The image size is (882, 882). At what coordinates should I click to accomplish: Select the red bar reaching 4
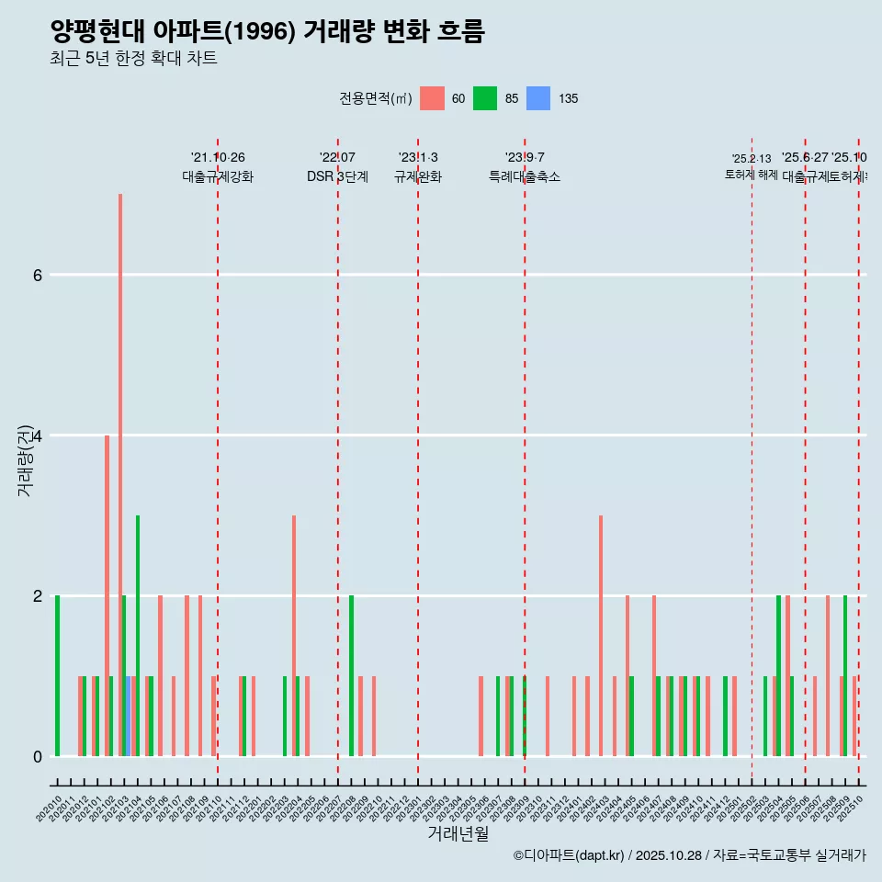(x=107, y=597)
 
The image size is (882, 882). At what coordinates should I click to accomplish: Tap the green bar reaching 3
(x=138, y=634)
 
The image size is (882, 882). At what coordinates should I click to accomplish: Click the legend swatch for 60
(x=432, y=98)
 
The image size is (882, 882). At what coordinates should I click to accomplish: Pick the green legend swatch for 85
(x=485, y=98)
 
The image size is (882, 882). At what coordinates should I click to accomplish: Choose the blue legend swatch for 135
(x=538, y=98)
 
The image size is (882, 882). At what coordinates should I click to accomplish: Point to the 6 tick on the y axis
(x=37, y=275)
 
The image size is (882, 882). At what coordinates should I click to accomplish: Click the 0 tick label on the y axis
(x=37, y=756)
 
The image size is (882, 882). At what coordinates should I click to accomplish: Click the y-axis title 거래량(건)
(x=26, y=459)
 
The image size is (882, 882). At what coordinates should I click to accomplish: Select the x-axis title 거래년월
(x=458, y=833)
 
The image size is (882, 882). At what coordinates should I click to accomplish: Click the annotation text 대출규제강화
(x=218, y=176)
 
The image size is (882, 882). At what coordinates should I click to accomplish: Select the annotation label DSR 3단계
(x=337, y=176)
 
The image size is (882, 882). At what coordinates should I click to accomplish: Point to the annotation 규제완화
(x=418, y=176)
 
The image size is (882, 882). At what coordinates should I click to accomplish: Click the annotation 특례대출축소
(x=525, y=176)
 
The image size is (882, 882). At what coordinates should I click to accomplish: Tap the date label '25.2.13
(x=752, y=159)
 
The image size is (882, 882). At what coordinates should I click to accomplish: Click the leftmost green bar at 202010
(x=58, y=675)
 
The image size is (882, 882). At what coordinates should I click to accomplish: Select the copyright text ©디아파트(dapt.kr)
(x=570, y=855)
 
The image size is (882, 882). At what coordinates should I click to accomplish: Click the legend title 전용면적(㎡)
(x=375, y=98)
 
